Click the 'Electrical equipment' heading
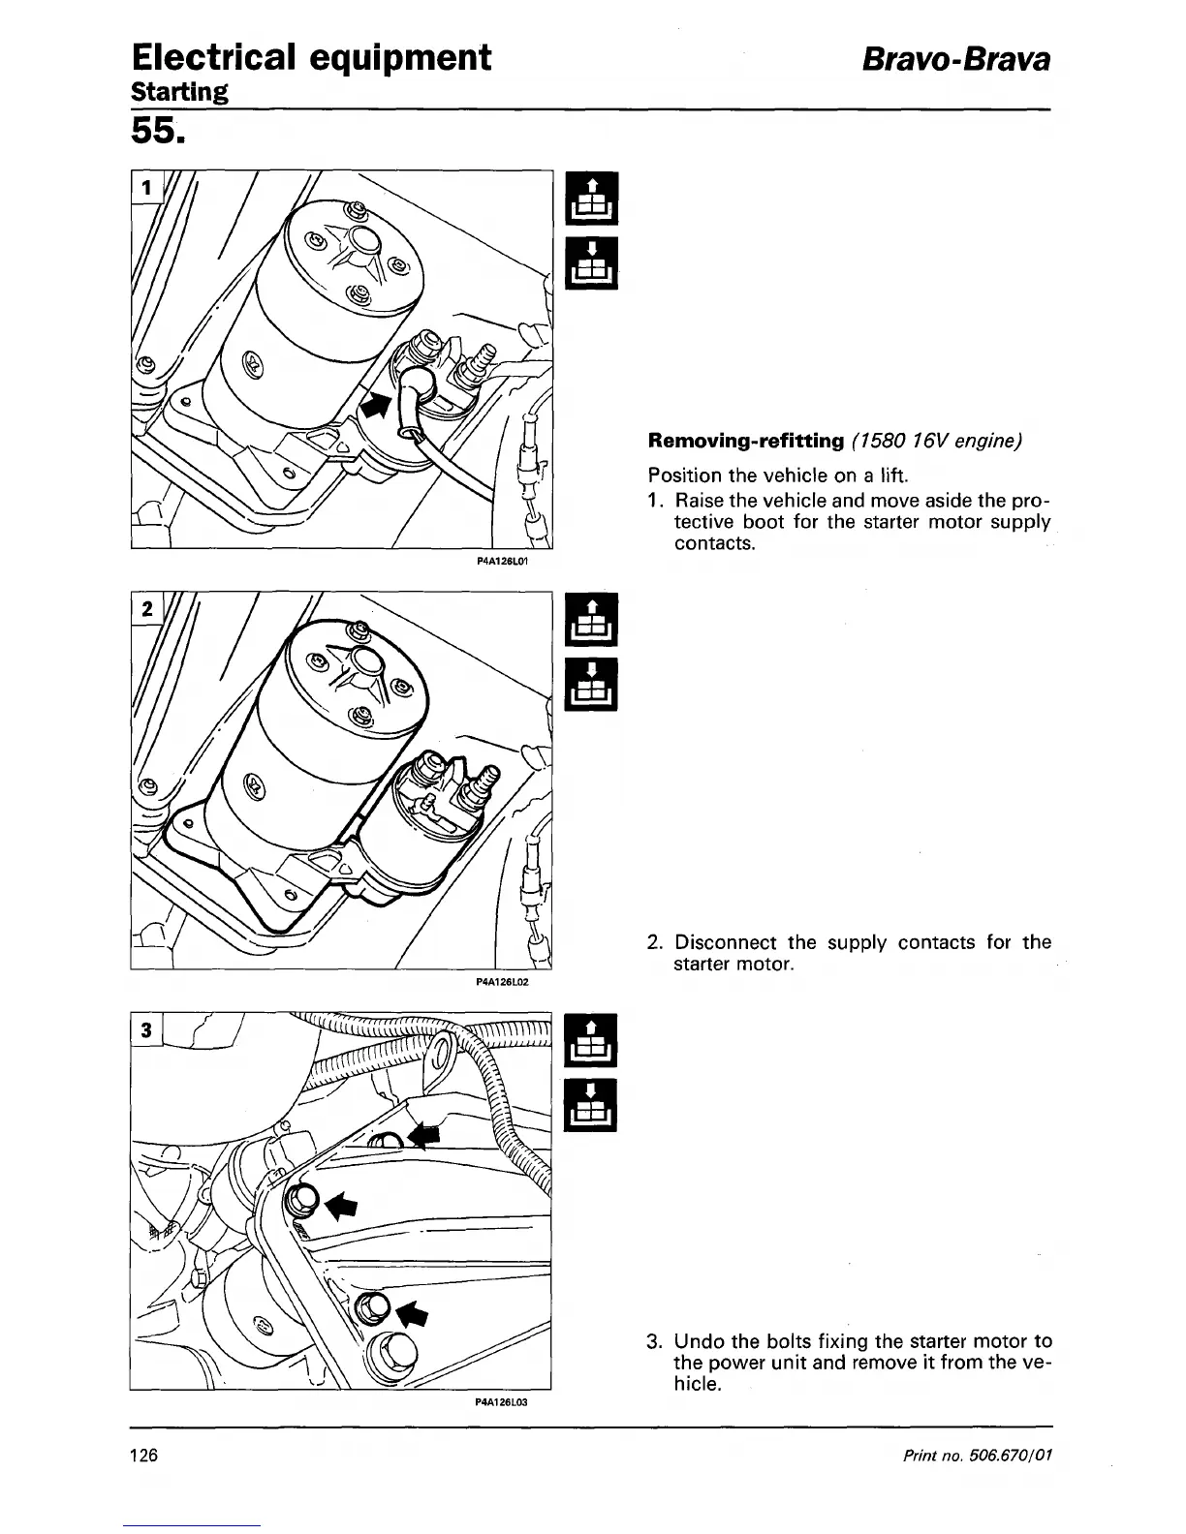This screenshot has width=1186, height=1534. pyautogui.click(x=311, y=57)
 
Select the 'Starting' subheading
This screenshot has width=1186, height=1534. pyautogui.click(x=180, y=93)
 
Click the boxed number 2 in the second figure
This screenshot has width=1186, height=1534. pyautogui.click(x=146, y=609)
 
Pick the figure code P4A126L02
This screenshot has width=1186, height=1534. pyautogui.click(x=501, y=981)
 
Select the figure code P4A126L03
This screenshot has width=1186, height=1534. pyautogui.click(x=501, y=1401)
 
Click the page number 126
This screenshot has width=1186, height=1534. pyautogui.click(x=146, y=1456)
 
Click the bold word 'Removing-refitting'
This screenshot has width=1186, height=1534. pyautogui.click(x=746, y=442)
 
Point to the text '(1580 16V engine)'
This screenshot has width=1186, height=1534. pyautogui.click(x=937, y=442)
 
